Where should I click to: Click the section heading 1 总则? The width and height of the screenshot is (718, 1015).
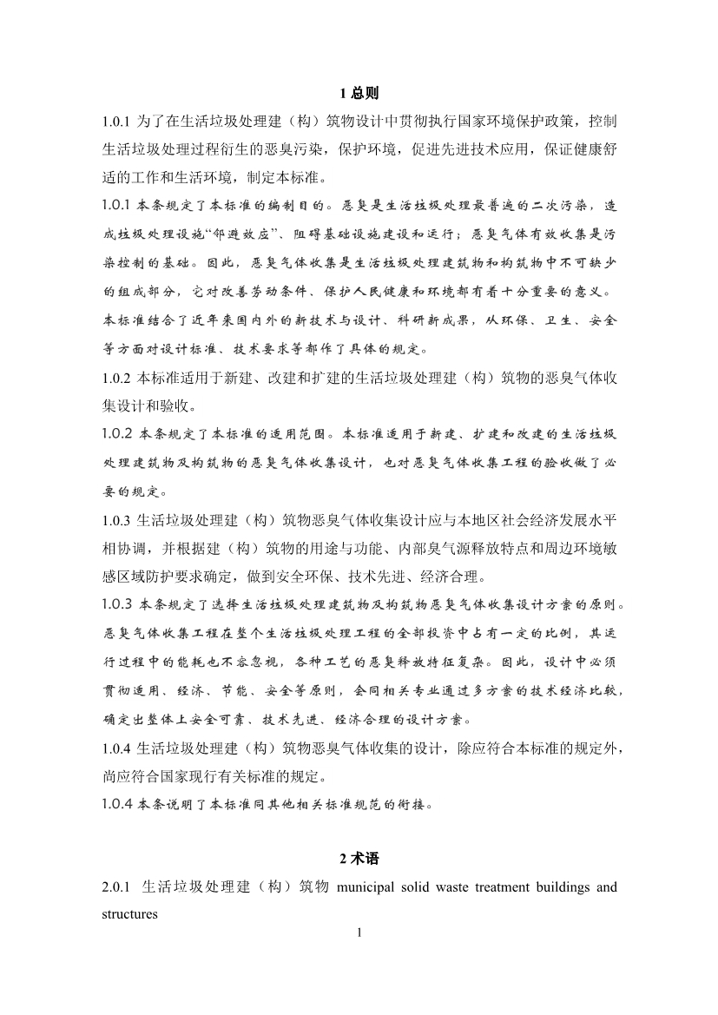pos(359,93)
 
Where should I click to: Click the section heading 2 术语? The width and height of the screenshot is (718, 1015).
pos(359,859)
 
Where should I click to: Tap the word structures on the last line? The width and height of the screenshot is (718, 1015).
pos(129,913)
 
